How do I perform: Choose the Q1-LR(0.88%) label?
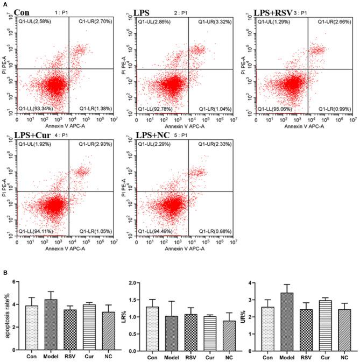tap(215, 232)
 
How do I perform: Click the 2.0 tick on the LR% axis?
tap(135, 282)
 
